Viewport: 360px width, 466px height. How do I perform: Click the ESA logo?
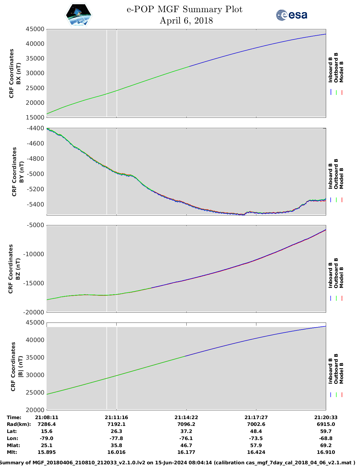tap(291, 15)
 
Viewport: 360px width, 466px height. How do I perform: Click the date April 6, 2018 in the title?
tap(186, 21)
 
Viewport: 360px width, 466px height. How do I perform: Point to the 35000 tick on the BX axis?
tap(35, 58)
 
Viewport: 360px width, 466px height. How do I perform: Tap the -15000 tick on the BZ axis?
tap(34, 283)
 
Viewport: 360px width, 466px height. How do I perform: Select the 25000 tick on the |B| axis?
tap(35, 393)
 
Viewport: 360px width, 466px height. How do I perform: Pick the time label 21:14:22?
tap(186, 417)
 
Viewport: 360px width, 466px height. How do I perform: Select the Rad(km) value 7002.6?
tap(256, 424)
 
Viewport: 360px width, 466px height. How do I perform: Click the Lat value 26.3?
tap(116, 431)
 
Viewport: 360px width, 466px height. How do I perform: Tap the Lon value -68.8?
tap(326, 438)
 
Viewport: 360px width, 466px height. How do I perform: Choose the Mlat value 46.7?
tap(186, 445)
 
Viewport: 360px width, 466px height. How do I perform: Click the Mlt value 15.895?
tap(47, 452)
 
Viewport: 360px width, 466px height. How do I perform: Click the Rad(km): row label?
tap(19, 424)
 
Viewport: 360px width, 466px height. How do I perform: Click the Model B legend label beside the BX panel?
tap(341, 72)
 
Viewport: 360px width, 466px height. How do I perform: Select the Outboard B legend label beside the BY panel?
tap(336, 174)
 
